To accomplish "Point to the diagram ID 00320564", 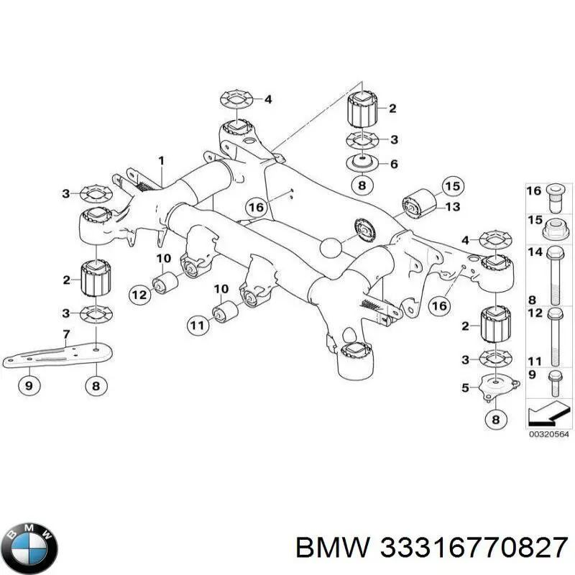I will click(548, 434).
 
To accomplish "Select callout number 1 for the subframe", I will click(161, 160).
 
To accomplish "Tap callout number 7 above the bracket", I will click(66, 334).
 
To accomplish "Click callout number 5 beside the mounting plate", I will click(465, 388).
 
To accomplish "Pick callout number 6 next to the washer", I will click(393, 164).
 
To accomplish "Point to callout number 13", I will click(452, 207).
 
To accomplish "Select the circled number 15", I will click(451, 187).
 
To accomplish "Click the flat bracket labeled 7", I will click(57, 357).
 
